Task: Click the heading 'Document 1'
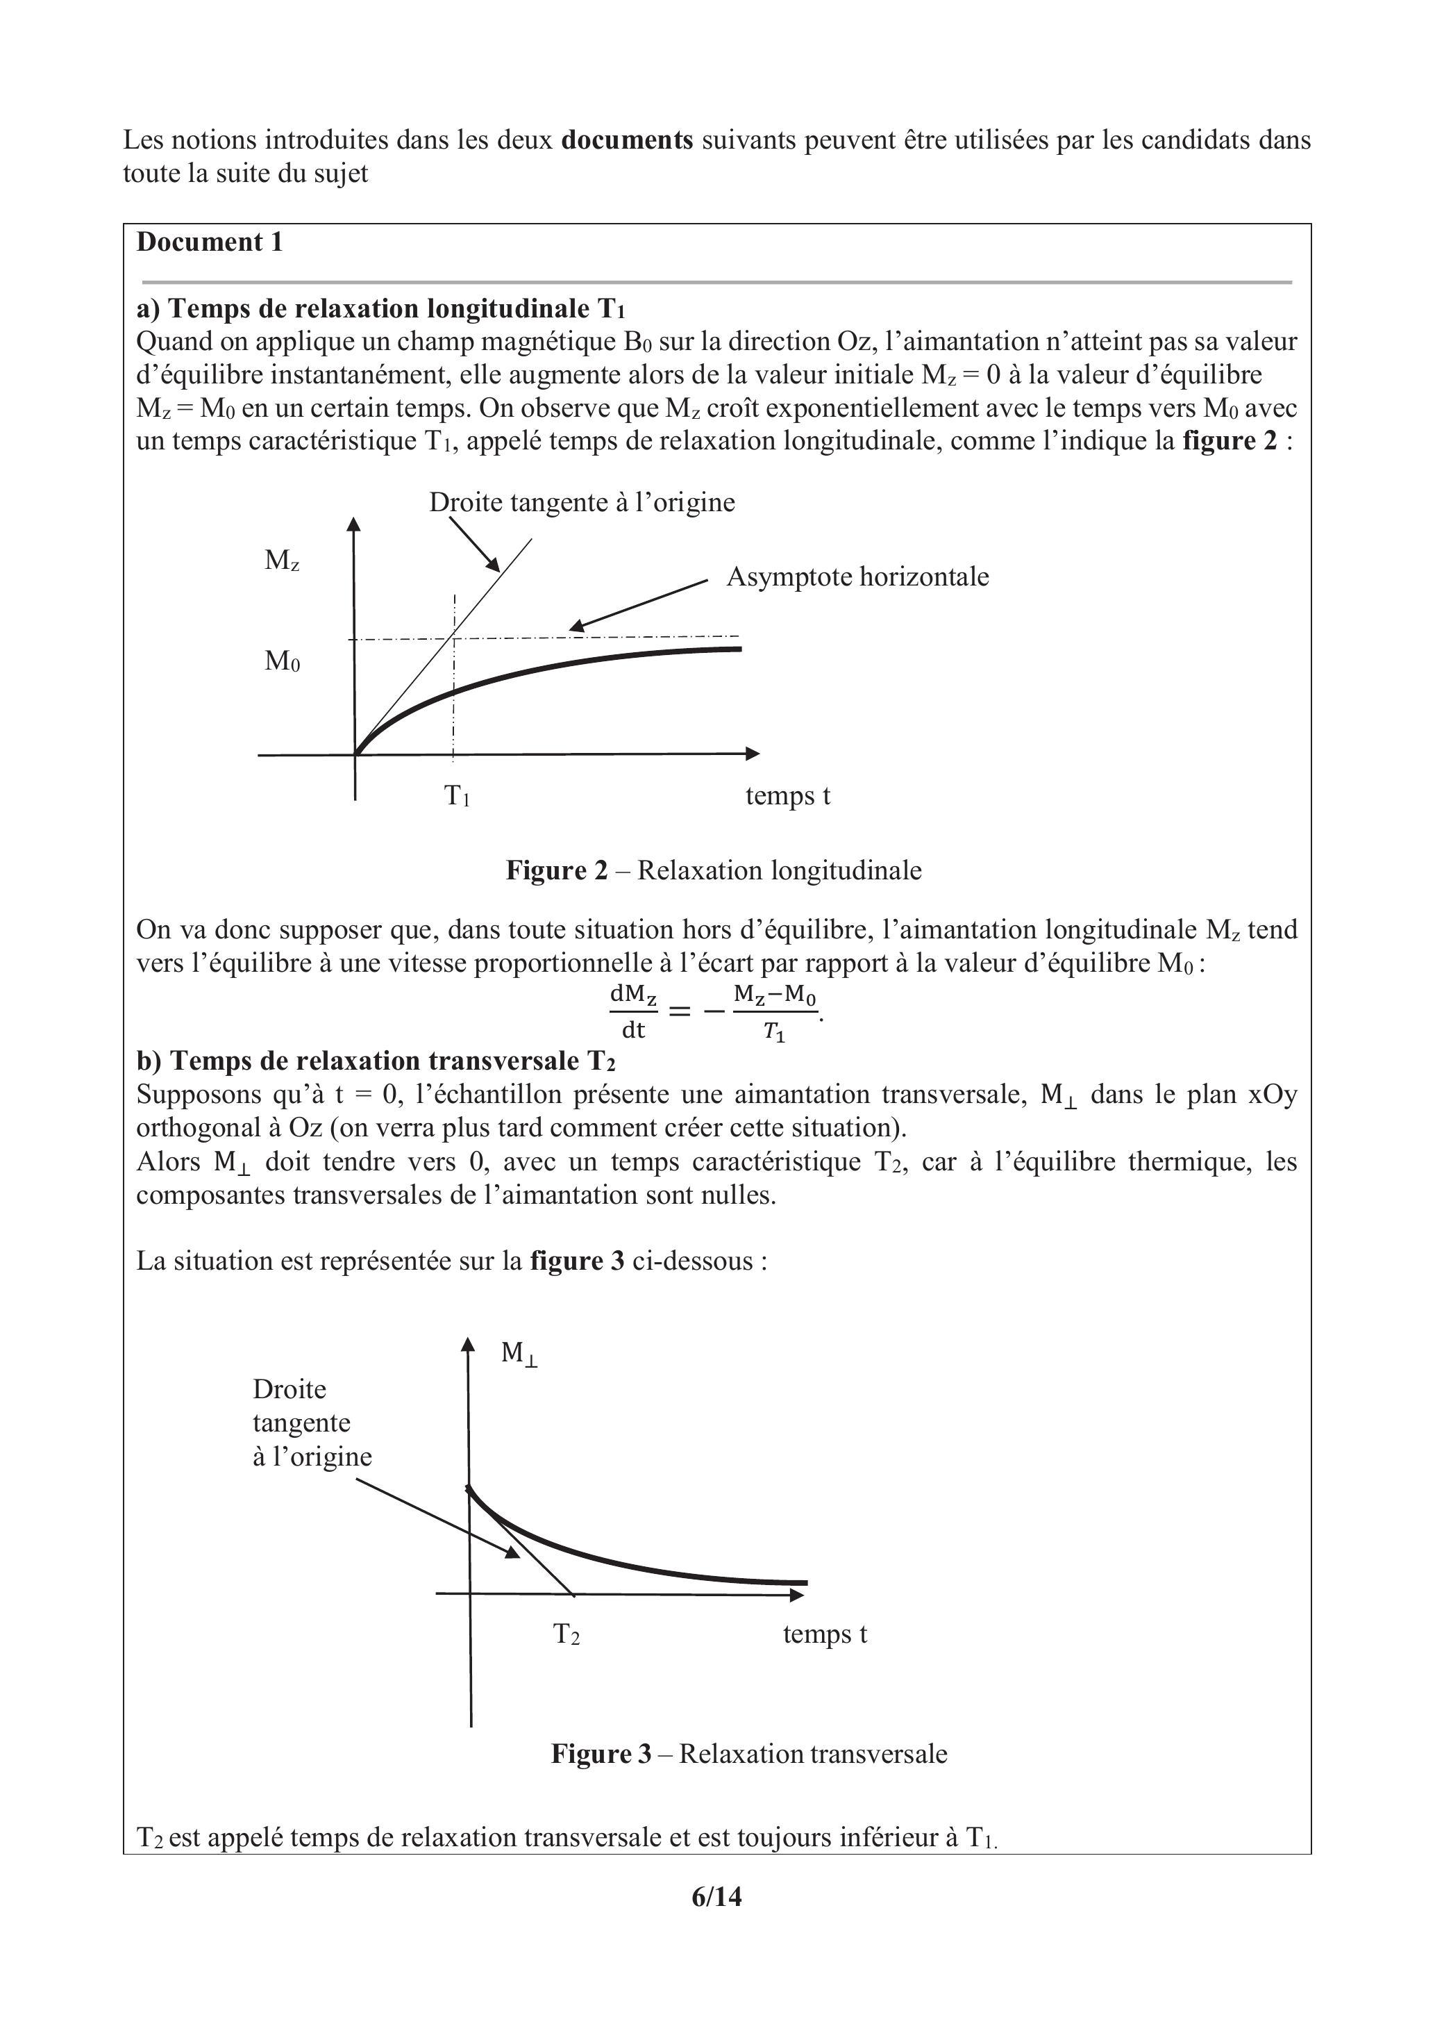210,242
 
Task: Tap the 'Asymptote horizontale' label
857,577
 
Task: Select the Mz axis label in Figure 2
282,560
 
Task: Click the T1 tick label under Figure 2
456,796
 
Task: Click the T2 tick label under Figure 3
566,1634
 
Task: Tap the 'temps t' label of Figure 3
824,1634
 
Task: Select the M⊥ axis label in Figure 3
519,1352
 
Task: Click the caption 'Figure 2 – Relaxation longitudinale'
714,870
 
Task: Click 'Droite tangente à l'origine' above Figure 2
582,502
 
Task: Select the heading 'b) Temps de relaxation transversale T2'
376,1061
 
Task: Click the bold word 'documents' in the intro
627,140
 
